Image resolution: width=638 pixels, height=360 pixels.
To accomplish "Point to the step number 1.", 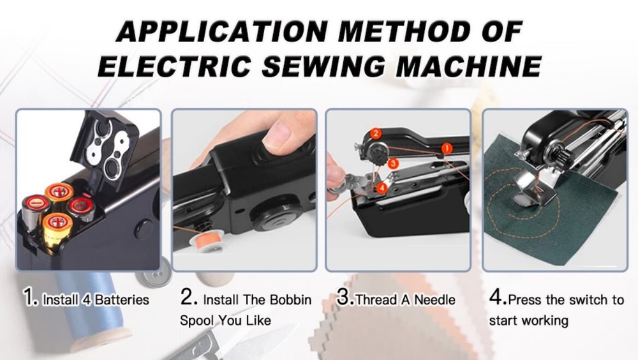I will (x=28, y=298).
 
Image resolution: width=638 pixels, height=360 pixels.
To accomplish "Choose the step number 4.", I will (x=497, y=298).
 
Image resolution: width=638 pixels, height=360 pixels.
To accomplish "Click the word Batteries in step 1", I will (x=122, y=299).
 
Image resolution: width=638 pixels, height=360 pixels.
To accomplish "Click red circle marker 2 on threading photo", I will (x=376, y=133).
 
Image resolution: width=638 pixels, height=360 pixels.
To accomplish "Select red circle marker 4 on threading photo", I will (x=381, y=188).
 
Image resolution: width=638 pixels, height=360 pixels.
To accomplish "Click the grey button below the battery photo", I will (x=153, y=275).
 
